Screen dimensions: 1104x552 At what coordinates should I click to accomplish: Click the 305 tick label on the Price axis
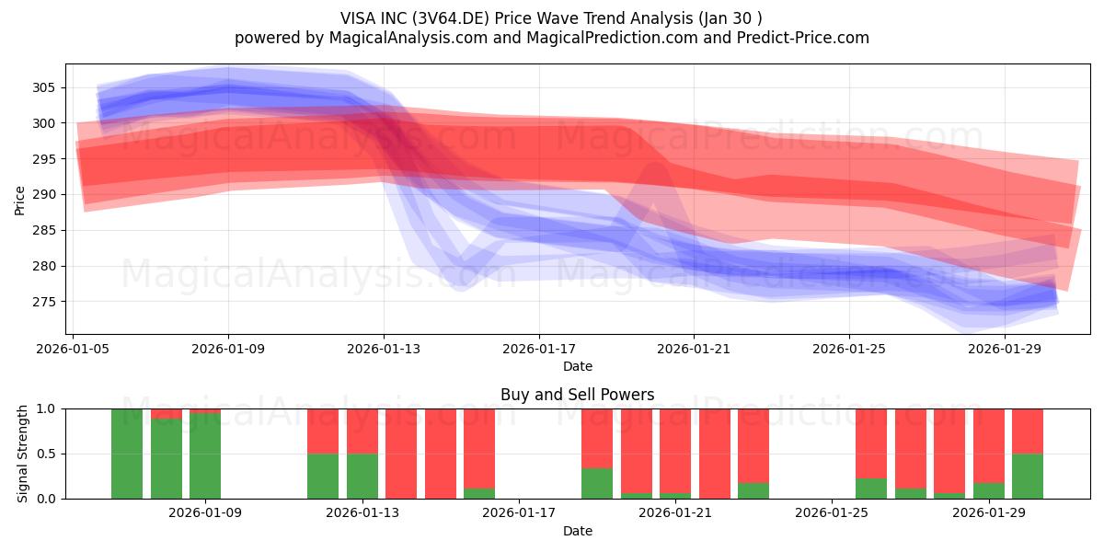[43, 87]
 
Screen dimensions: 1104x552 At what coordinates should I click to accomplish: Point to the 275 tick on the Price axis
[43, 302]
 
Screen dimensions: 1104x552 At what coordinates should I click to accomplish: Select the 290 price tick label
[43, 195]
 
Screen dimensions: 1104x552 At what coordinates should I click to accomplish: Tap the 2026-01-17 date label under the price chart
[539, 349]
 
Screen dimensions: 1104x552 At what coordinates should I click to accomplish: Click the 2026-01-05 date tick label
[73, 349]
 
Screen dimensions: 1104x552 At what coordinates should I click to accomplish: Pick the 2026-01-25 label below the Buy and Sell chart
[832, 512]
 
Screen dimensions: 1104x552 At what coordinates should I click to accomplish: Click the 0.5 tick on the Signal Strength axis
[46, 454]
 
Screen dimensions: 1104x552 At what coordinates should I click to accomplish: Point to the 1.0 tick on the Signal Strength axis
[46, 409]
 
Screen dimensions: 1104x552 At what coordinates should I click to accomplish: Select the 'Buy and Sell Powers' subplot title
[578, 395]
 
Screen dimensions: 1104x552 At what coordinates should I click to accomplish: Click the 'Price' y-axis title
[19, 201]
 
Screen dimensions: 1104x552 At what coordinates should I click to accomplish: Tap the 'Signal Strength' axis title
[22, 454]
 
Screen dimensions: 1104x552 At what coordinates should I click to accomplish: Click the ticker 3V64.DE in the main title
[451, 18]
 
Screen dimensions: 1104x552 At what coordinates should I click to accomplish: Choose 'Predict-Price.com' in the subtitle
[803, 38]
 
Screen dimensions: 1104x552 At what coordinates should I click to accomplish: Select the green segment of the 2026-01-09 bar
[205, 456]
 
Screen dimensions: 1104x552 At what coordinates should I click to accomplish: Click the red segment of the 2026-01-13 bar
[362, 431]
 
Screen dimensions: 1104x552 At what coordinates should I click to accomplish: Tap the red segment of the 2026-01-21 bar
[675, 451]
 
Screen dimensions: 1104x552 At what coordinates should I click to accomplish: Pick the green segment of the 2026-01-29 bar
[989, 491]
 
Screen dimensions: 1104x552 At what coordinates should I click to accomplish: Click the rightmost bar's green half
[1028, 477]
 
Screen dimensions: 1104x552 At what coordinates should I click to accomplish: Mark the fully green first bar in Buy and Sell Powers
[127, 454]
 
